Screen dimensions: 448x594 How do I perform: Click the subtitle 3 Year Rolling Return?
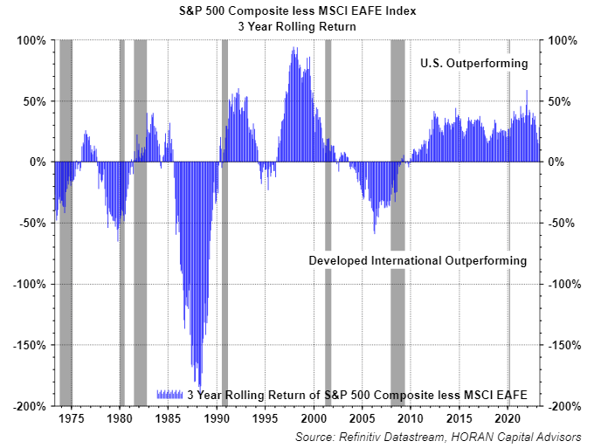pos(298,26)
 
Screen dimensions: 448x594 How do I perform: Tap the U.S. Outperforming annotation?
pos(473,64)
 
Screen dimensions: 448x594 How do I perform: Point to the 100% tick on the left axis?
pos(32,40)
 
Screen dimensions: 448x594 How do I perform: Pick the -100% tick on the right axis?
pos(563,284)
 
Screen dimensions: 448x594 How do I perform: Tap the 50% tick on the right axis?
pos(560,101)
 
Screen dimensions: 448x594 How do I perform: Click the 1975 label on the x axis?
pos(72,417)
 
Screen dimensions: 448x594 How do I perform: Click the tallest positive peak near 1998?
pos(294,48)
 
